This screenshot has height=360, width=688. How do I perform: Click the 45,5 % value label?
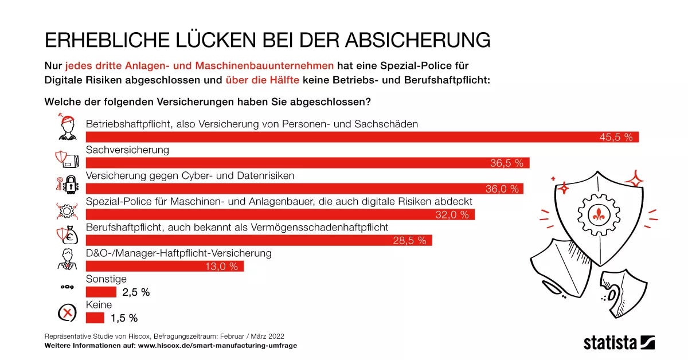pyautogui.click(x=616, y=137)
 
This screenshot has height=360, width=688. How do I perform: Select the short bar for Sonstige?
pyautogui.click(x=101, y=292)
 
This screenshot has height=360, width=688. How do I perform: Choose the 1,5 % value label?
pyautogui.click(x=125, y=318)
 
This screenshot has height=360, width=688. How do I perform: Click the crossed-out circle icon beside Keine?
pyautogui.click(x=67, y=313)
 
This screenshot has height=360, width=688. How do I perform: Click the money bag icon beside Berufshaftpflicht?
pyautogui.click(x=68, y=235)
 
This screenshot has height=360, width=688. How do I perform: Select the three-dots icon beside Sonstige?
pyautogui.click(x=67, y=286)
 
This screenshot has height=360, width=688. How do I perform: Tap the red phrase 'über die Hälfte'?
pyautogui.click(x=262, y=80)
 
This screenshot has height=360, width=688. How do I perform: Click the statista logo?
pyautogui.click(x=619, y=343)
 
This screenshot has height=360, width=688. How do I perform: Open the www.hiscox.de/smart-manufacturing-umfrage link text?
pyautogui.click(x=218, y=346)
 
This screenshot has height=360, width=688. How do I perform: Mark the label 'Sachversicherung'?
pyautogui.click(x=127, y=150)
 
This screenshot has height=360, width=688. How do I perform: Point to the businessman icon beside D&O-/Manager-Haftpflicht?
pyautogui.click(x=67, y=259)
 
